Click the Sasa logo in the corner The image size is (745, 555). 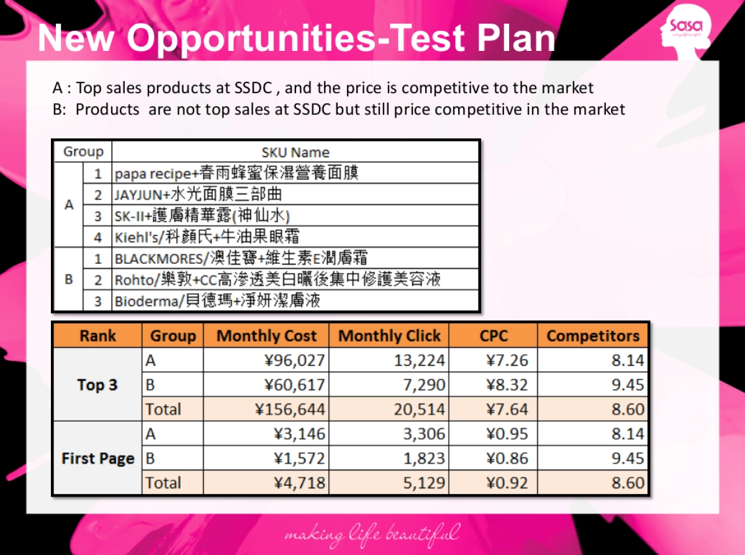pos(685,29)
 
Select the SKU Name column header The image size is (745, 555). pos(296,152)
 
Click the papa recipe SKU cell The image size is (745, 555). pos(237,173)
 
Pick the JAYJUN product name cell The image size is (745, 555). pos(198,194)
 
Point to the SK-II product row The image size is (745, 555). pos(202,215)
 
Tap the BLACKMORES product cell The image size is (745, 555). pos(245,258)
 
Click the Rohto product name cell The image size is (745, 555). pos(277,279)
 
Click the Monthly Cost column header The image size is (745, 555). pos(266,336)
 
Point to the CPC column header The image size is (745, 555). pos(494,336)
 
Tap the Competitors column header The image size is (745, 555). pos(593,336)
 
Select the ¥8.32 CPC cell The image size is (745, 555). pos(507,385)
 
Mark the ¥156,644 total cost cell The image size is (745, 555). pos(290,409)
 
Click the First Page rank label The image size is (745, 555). pos(97,458)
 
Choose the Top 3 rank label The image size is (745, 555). pos(97,385)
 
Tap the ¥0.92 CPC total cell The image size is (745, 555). pos(507,482)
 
